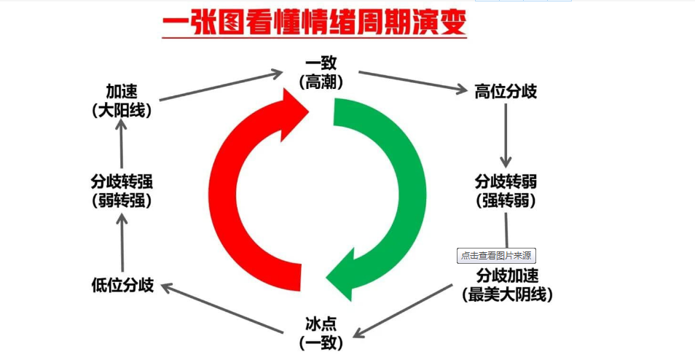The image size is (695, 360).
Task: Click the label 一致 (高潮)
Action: point(321,74)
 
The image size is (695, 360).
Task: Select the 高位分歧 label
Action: point(506,92)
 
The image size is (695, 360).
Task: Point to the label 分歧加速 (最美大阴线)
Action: point(508,285)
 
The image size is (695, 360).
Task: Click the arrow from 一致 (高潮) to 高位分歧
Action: point(412,81)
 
